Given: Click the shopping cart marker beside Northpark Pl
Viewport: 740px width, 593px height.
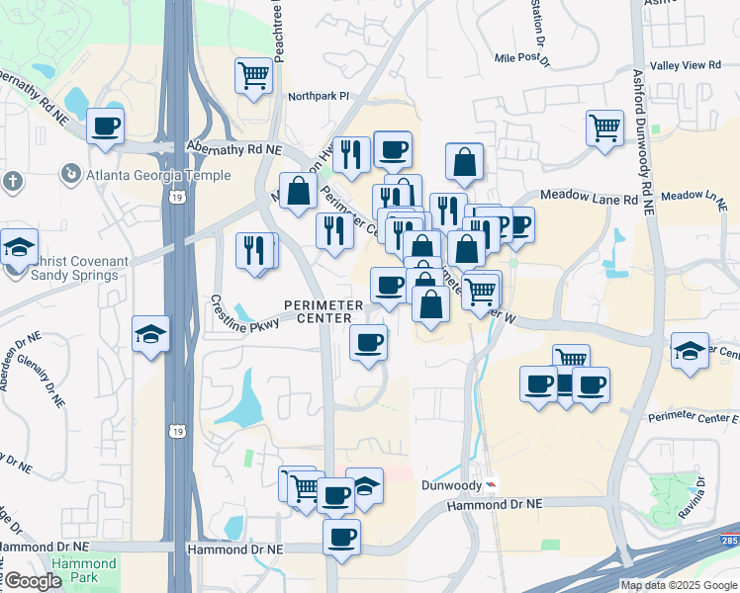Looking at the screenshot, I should point(253,75).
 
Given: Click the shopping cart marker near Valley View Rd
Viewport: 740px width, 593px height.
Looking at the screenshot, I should point(603,127).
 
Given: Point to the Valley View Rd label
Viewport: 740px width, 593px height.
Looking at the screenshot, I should point(692,65).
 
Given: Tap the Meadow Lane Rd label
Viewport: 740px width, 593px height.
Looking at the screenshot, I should point(589,199).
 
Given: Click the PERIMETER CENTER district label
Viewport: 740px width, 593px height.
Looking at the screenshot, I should point(318,311).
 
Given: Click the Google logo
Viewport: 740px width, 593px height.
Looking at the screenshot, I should point(33,582).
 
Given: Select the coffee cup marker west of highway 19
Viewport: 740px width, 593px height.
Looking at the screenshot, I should point(105,127).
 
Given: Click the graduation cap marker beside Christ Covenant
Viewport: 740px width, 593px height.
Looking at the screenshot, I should point(18,247).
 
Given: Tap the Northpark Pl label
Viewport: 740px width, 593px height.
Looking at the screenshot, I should point(320,97).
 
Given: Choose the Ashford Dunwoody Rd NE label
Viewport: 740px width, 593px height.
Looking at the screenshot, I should point(649,142).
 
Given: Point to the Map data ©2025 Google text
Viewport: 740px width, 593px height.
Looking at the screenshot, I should point(679,585).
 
